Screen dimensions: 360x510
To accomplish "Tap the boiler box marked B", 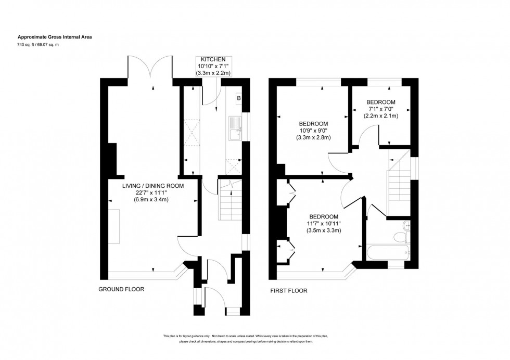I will coord(239,98).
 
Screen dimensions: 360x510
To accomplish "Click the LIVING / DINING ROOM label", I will coord(152,186).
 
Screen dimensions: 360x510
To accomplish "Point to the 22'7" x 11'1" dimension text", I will coord(152,192).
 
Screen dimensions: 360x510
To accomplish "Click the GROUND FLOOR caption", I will coord(121,289).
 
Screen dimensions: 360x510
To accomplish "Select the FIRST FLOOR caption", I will coord(288,291).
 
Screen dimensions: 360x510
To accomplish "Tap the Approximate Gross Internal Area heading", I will coord(55,37).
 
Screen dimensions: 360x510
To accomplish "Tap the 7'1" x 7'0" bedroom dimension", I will coord(380,109).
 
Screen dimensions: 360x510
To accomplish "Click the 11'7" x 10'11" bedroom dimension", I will coord(324,223).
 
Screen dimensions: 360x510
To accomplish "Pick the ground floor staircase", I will coord(229,203).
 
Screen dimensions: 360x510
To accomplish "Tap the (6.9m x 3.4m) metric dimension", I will coord(152,199).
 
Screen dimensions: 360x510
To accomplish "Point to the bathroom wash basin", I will coord(407,225).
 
